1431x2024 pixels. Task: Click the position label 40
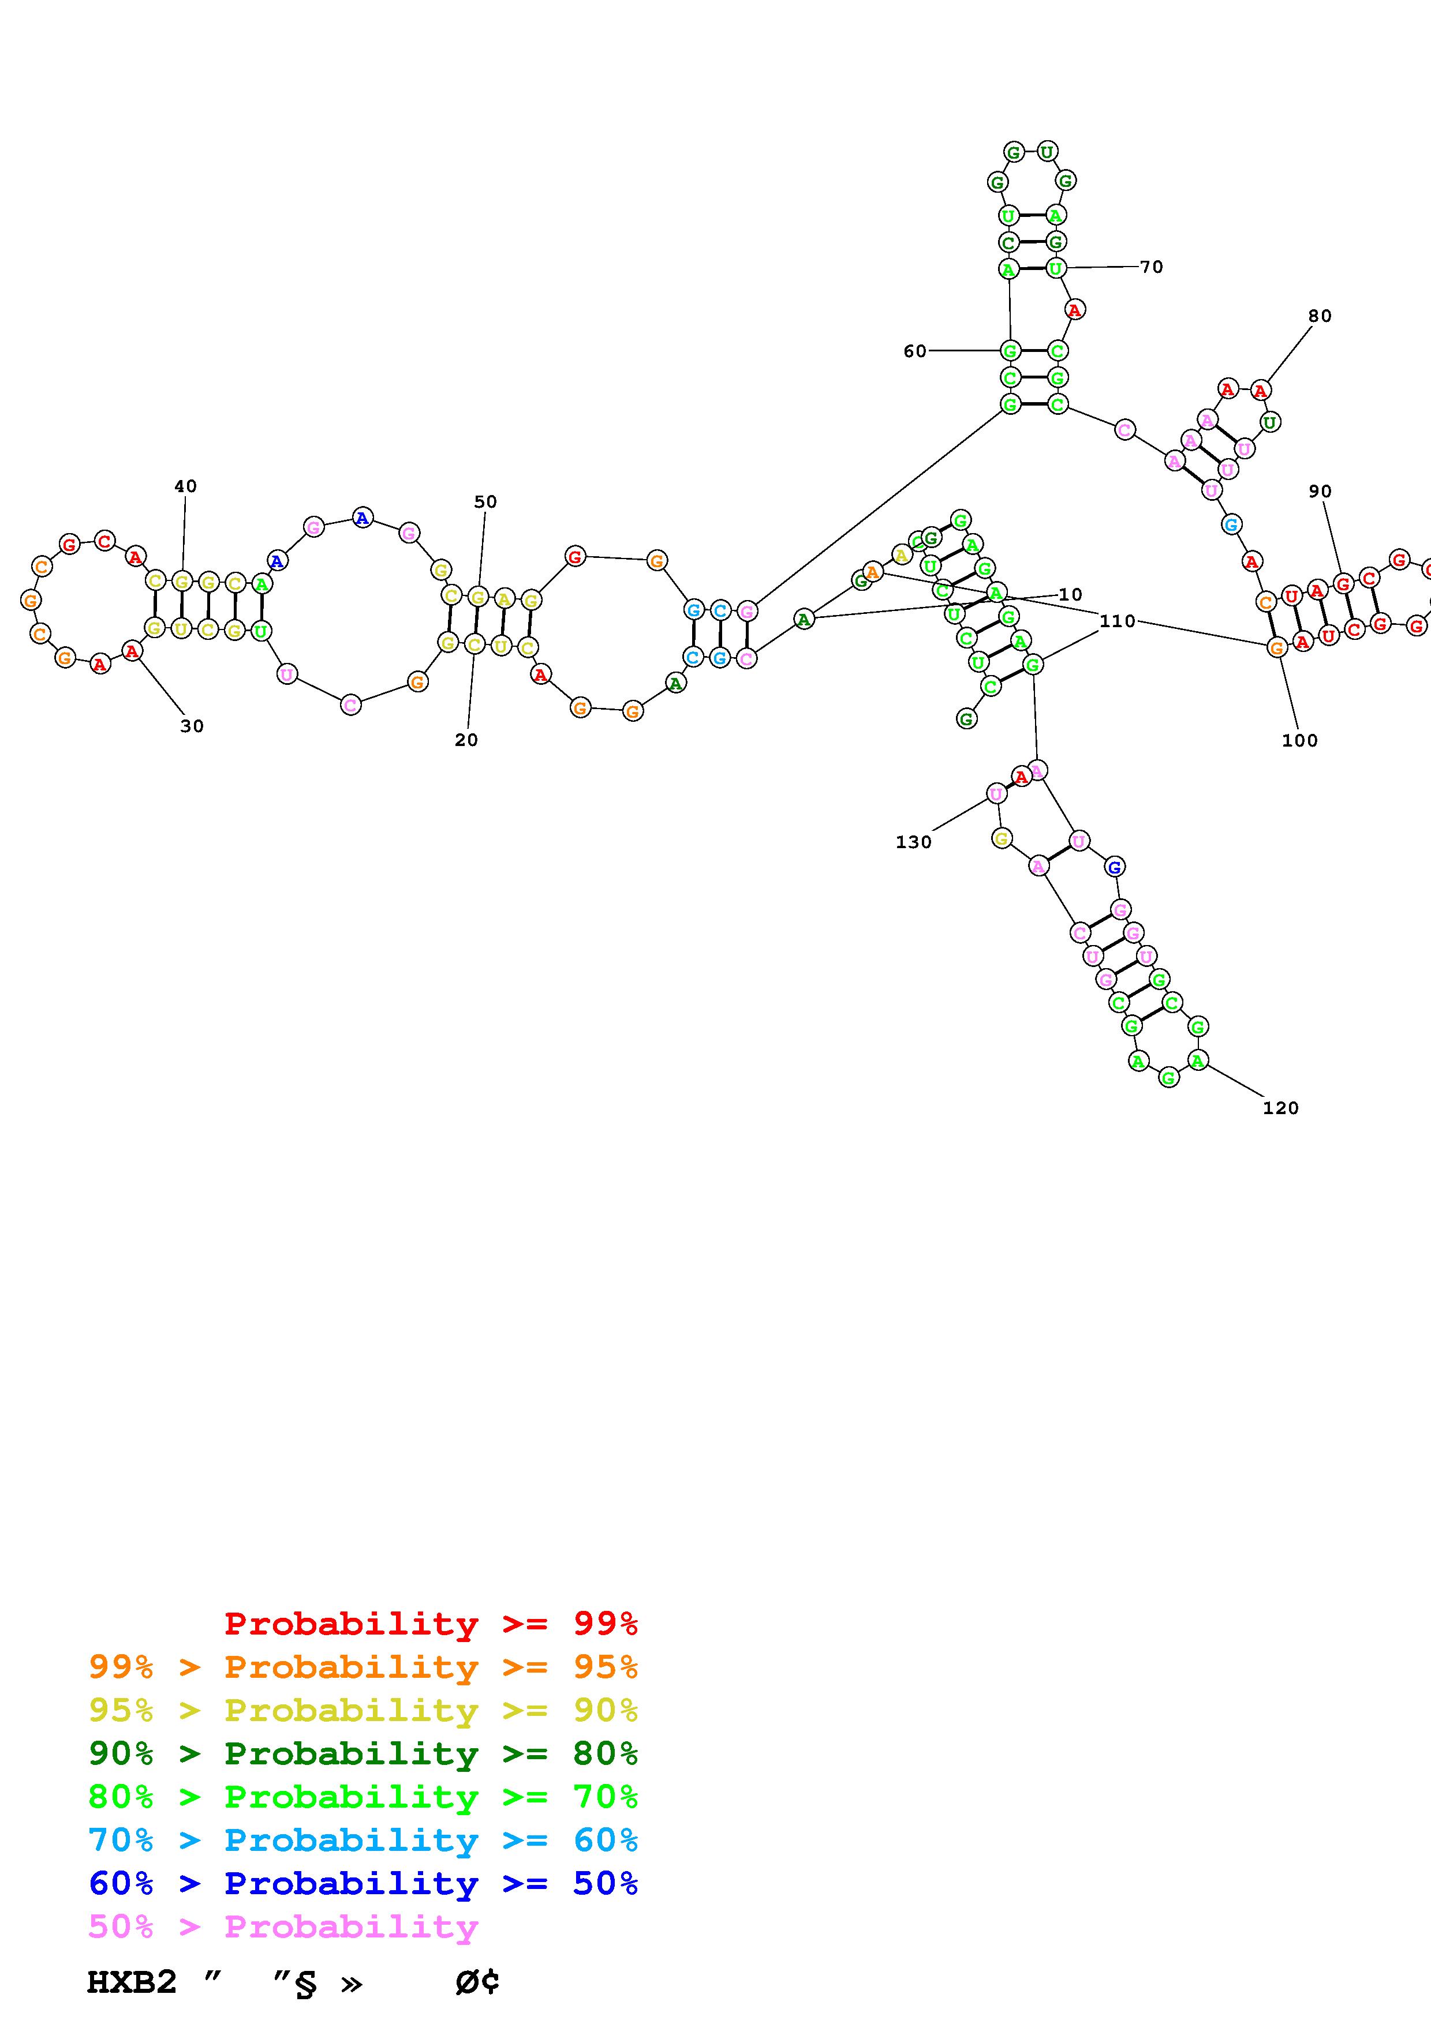[185, 486]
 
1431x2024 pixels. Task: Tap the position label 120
[1280, 1109]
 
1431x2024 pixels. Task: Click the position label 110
[1117, 621]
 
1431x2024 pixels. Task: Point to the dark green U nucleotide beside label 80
[1269, 423]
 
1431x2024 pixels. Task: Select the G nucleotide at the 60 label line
[1010, 351]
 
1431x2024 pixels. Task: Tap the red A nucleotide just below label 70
[1074, 309]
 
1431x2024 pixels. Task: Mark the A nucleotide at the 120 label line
[1197, 1060]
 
